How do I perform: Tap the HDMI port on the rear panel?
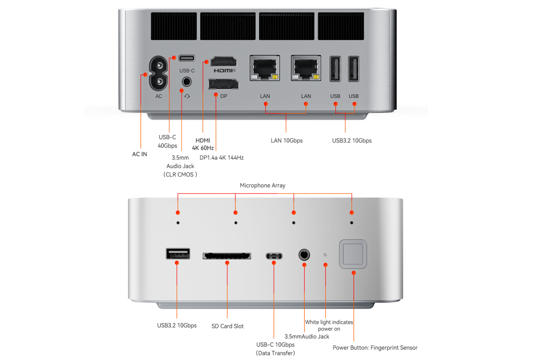click(224, 61)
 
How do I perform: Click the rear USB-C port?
click(187, 58)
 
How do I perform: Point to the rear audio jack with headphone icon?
click(187, 81)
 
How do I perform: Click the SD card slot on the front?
click(226, 255)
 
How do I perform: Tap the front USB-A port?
click(178, 253)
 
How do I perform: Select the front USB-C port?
click(274, 255)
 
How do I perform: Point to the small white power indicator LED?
click(325, 254)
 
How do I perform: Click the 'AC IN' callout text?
click(140, 154)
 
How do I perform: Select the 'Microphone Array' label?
click(262, 185)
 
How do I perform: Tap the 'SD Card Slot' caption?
click(227, 326)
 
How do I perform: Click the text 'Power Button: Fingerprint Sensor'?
click(375, 348)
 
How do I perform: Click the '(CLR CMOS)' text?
click(180, 175)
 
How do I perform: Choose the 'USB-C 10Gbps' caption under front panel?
click(275, 345)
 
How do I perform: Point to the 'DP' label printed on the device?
click(224, 96)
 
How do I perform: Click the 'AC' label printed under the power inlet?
click(159, 96)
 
